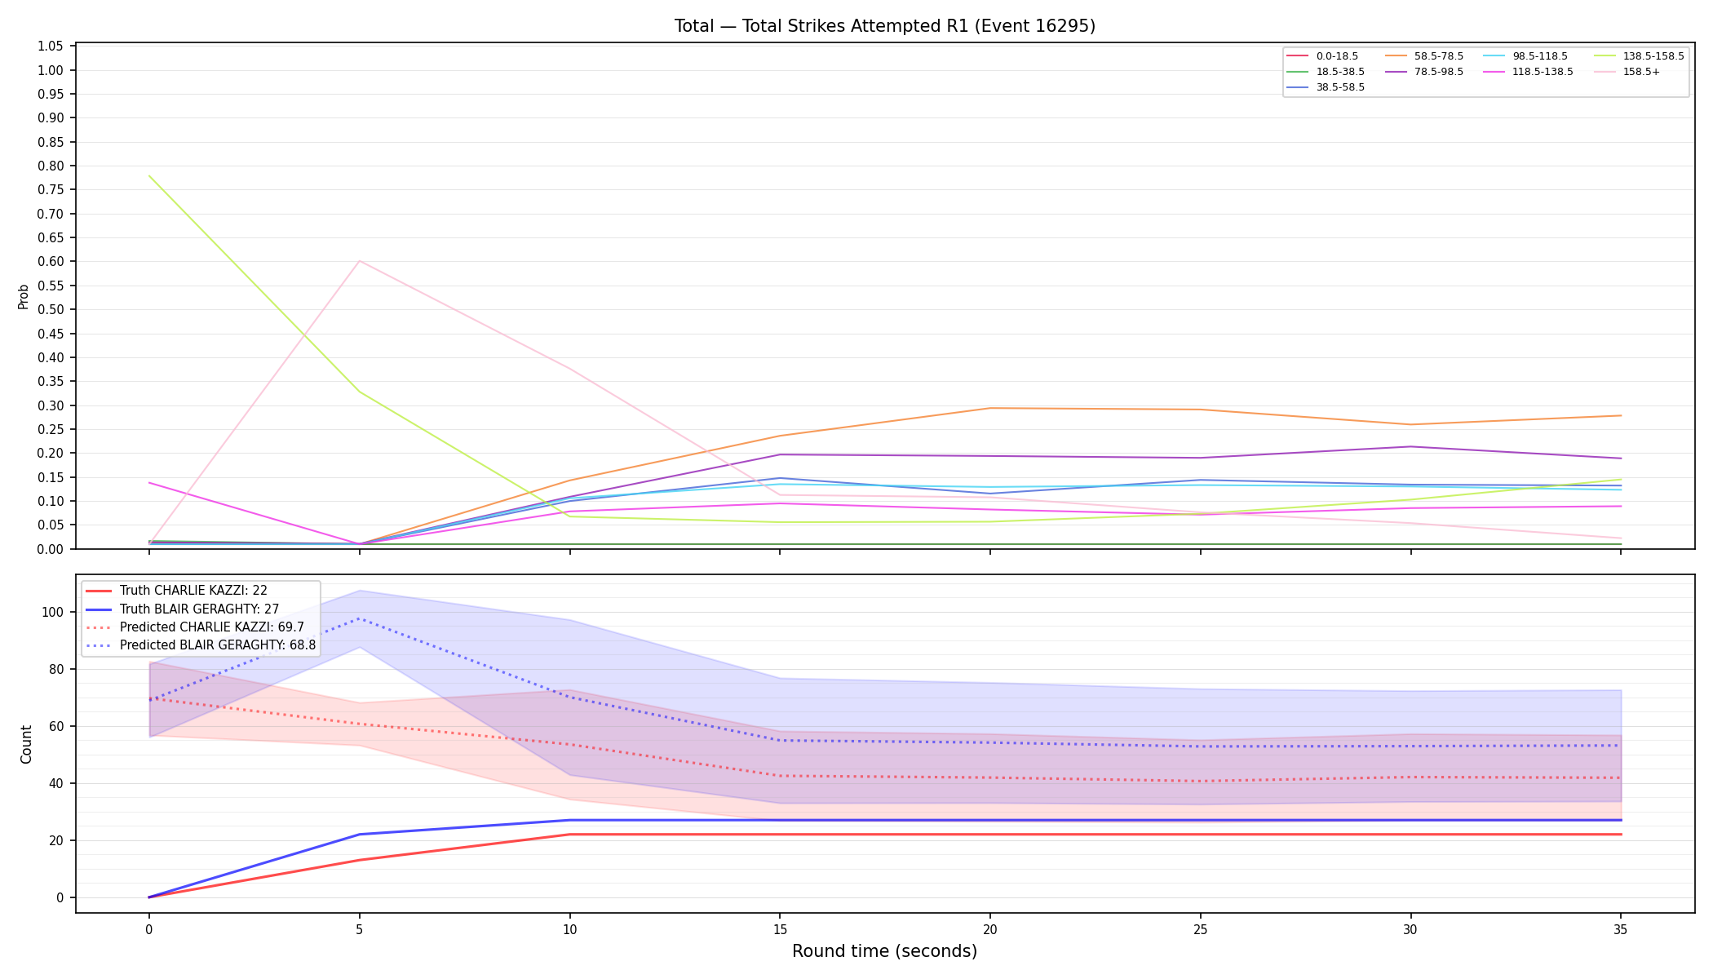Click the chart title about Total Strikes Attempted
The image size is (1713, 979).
(884, 26)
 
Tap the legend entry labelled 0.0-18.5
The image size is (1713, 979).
(1322, 56)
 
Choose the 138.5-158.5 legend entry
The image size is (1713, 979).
(1639, 56)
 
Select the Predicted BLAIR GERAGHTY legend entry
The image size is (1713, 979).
(200, 645)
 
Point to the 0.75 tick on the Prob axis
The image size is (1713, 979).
(51, 190)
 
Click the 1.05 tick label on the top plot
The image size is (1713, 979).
(51, 47)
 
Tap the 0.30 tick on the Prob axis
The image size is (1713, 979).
(51, 405)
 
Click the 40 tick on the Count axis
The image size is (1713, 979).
(58, 783)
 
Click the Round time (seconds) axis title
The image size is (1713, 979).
(884, 951)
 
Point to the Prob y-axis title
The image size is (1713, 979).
(24, 296)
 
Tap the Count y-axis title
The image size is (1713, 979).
(26, 744)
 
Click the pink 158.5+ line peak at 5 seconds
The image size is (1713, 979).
(360, 261)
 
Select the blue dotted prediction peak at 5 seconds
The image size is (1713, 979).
(360, 618)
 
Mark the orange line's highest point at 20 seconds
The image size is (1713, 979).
(989, 408)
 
